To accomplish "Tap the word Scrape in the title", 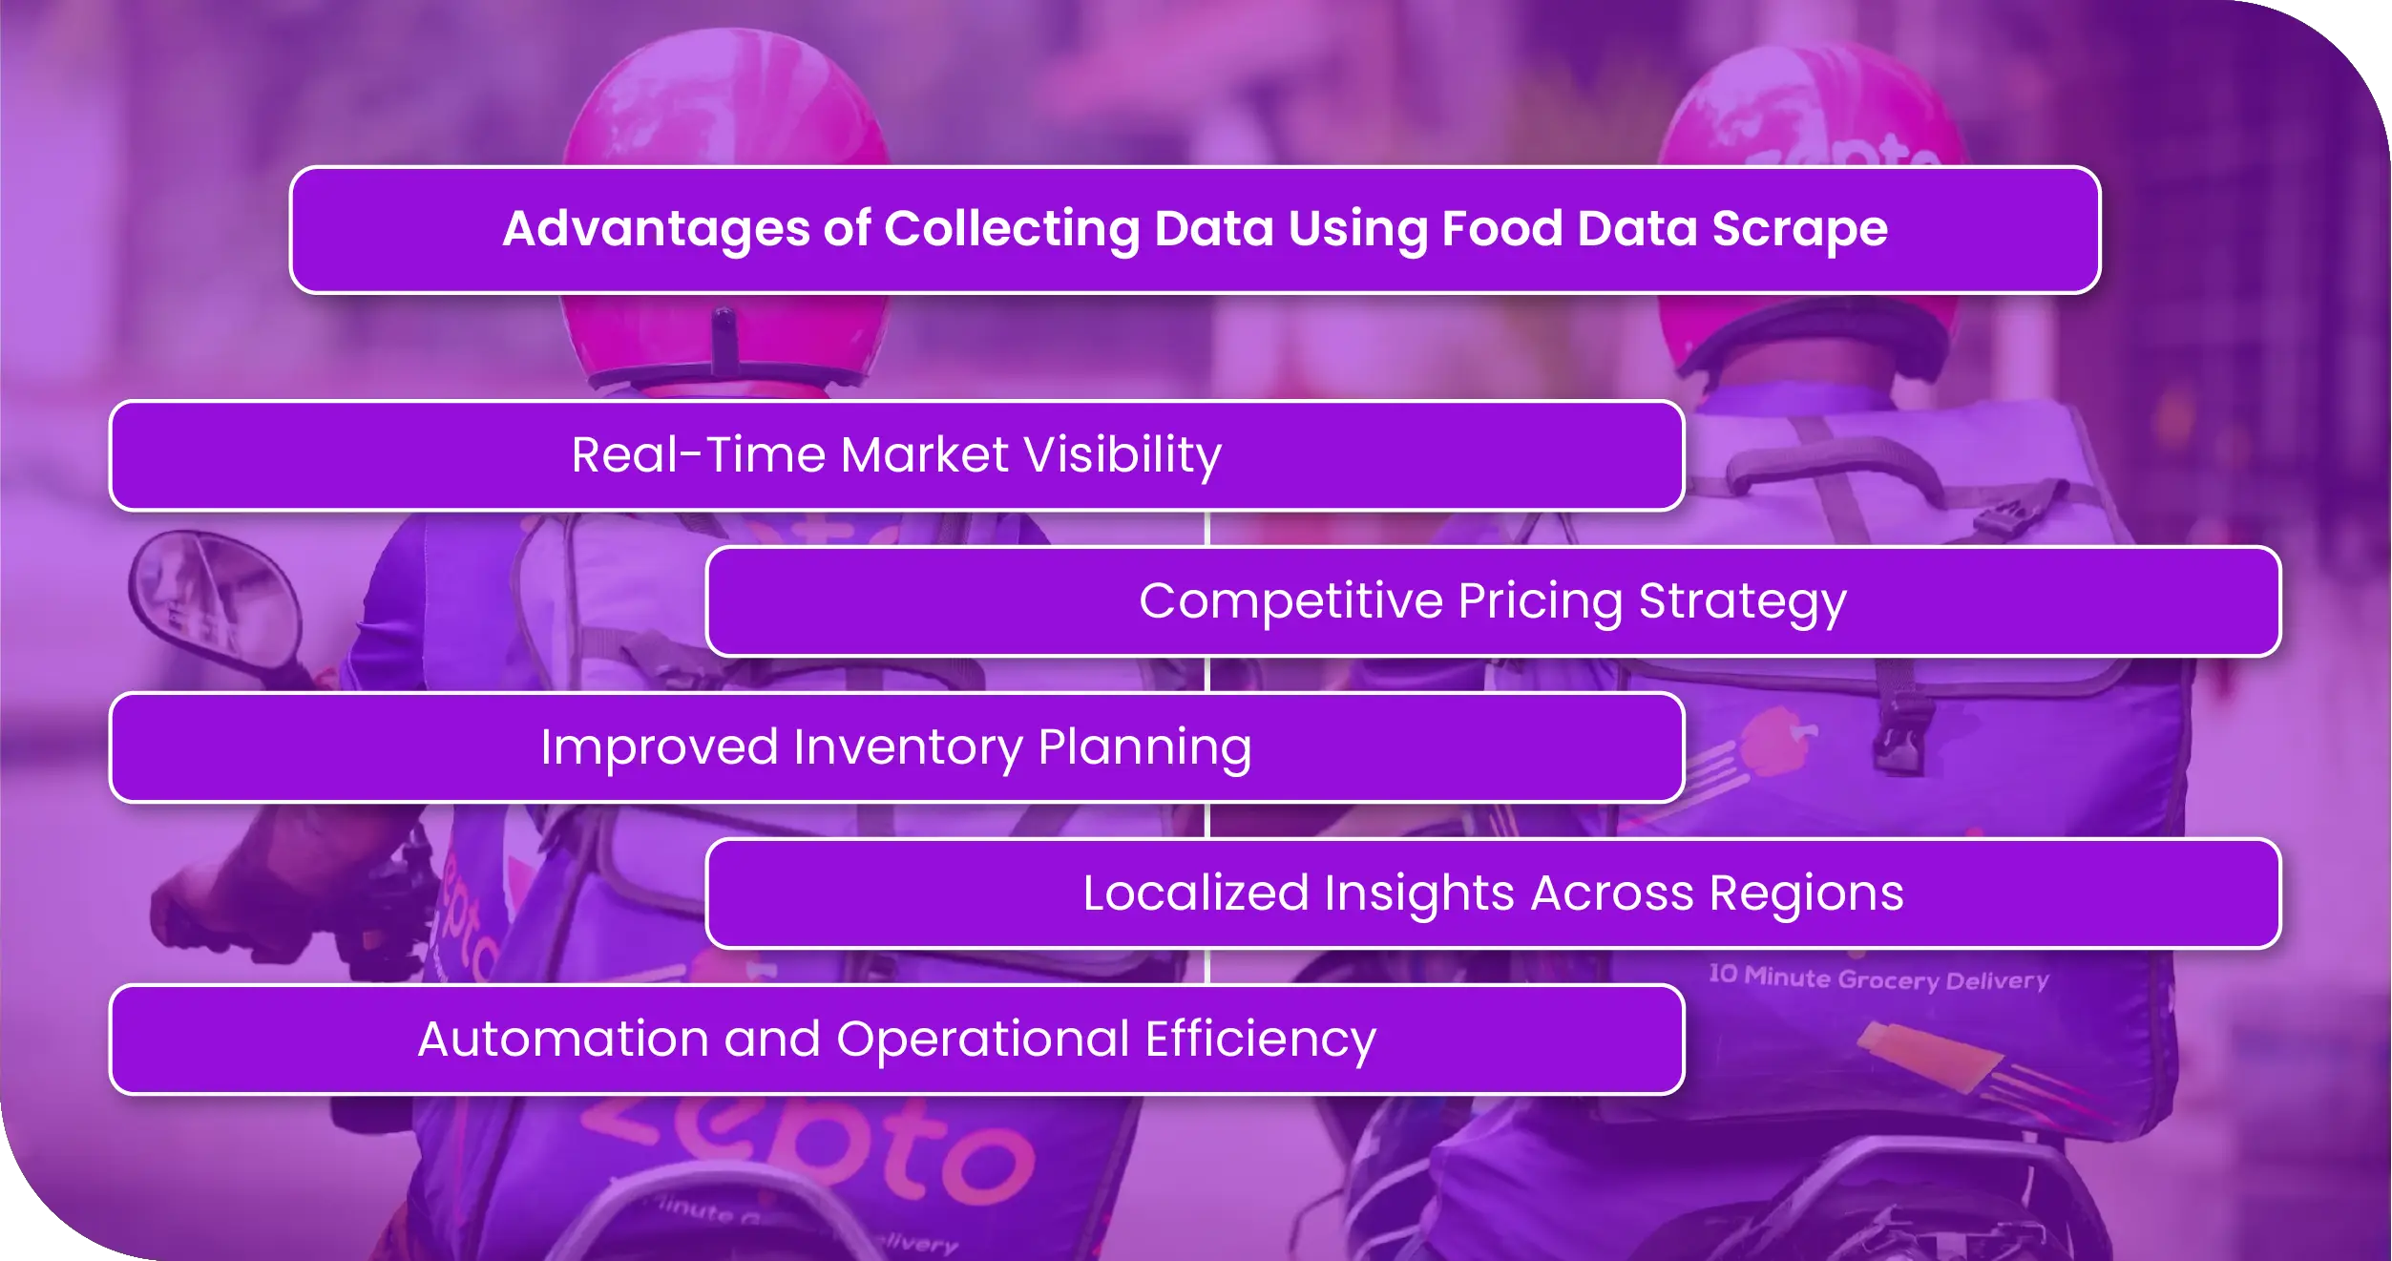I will (1799, 229).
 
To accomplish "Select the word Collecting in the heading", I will (1011, 229).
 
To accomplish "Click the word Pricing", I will (1540, 601).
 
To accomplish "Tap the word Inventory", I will (907, 747).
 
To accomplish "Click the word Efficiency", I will (1260, 1040).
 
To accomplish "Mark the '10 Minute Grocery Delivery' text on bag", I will (1878, 978).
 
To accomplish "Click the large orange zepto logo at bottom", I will (811, 1145).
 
